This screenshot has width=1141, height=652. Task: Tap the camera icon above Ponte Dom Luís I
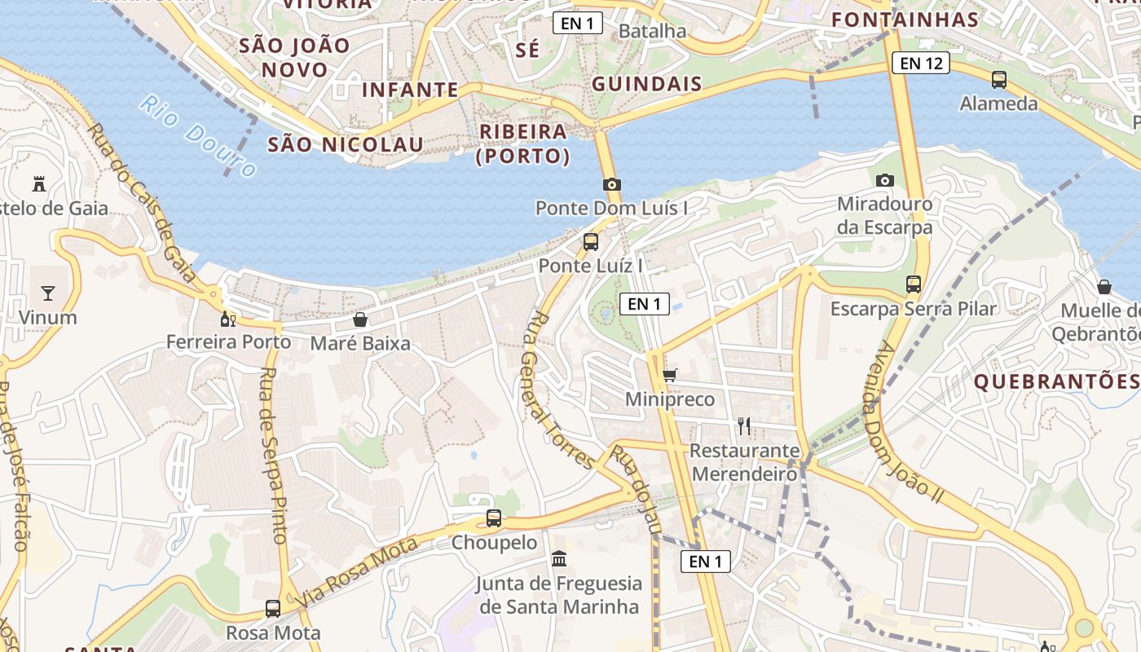click(x=612, y=184)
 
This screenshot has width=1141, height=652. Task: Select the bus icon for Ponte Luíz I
click(x=591, y=241)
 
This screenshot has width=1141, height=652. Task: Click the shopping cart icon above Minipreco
click(x=670, y=375)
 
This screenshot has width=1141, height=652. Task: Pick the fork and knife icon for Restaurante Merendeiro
click(x=743, y=425)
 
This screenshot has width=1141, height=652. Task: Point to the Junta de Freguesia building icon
click(x=560, y=559)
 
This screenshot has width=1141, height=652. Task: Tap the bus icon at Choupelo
click(x=494, y=518)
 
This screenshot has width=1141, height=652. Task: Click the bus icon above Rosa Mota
click(x=273, y=608)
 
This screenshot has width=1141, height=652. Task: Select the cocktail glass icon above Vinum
click(x=48, y=293)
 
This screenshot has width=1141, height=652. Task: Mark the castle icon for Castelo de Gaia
click(x=38, y=183)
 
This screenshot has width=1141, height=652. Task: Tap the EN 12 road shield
click(x=921, y=63)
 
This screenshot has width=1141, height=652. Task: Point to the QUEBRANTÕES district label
click(x=1056, y=381)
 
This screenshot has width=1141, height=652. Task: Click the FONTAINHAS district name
click(x=905, y=20)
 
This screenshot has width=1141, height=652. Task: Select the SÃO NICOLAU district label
click(x=346, y=145)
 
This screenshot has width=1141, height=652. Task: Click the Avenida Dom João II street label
click(x=907, y=421)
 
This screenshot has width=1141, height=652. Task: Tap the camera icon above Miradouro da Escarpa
click(x=885, y=180)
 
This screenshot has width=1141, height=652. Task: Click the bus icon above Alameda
click(x=999, y=79)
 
